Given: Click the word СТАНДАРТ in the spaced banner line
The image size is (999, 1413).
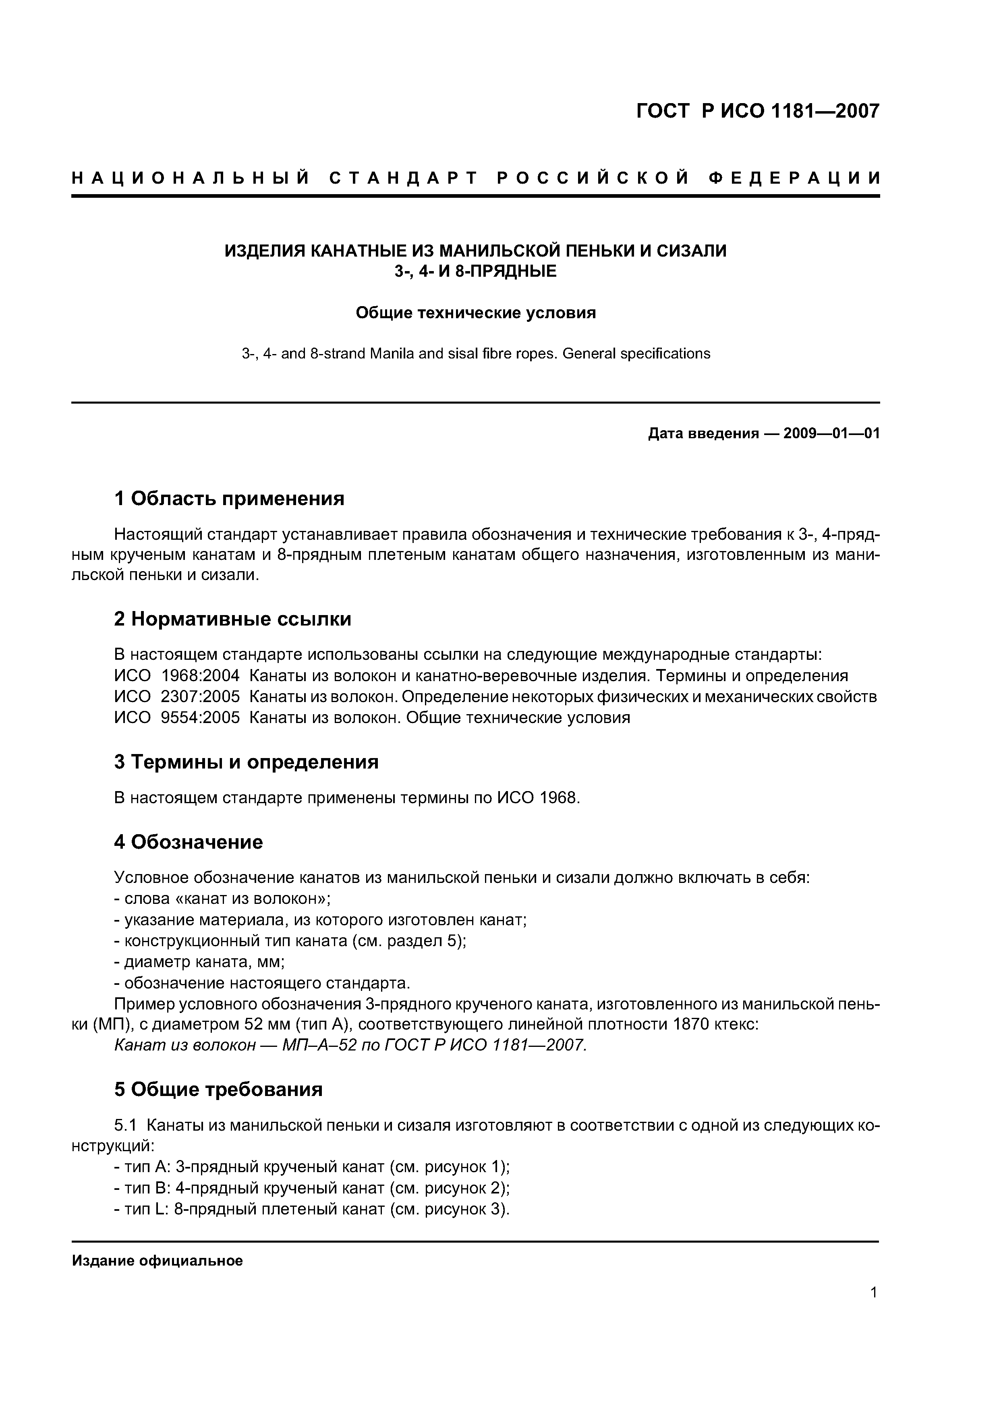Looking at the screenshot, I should pyautogui.click(x=404, y=178).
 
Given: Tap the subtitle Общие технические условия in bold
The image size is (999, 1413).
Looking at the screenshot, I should pyautogui.click(x=476, y=313).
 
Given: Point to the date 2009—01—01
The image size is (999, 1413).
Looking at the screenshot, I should pyautogui.click(x=831, y=434).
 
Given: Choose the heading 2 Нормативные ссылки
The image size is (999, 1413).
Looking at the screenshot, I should pyautogui.click(x=233, y=619).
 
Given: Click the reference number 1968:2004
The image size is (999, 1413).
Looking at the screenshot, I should pyautogui.click(x=200, y=676).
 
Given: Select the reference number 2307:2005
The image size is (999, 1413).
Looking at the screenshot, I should pyautogui.click(x=200, y=697).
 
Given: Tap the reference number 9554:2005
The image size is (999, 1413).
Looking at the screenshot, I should pyautogui.click(x=200, y=718).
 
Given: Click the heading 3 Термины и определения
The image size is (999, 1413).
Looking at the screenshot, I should pyautogui.click(x=246, y=762).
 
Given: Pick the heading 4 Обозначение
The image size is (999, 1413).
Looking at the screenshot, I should pyautogui.click(x=189, y=842).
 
